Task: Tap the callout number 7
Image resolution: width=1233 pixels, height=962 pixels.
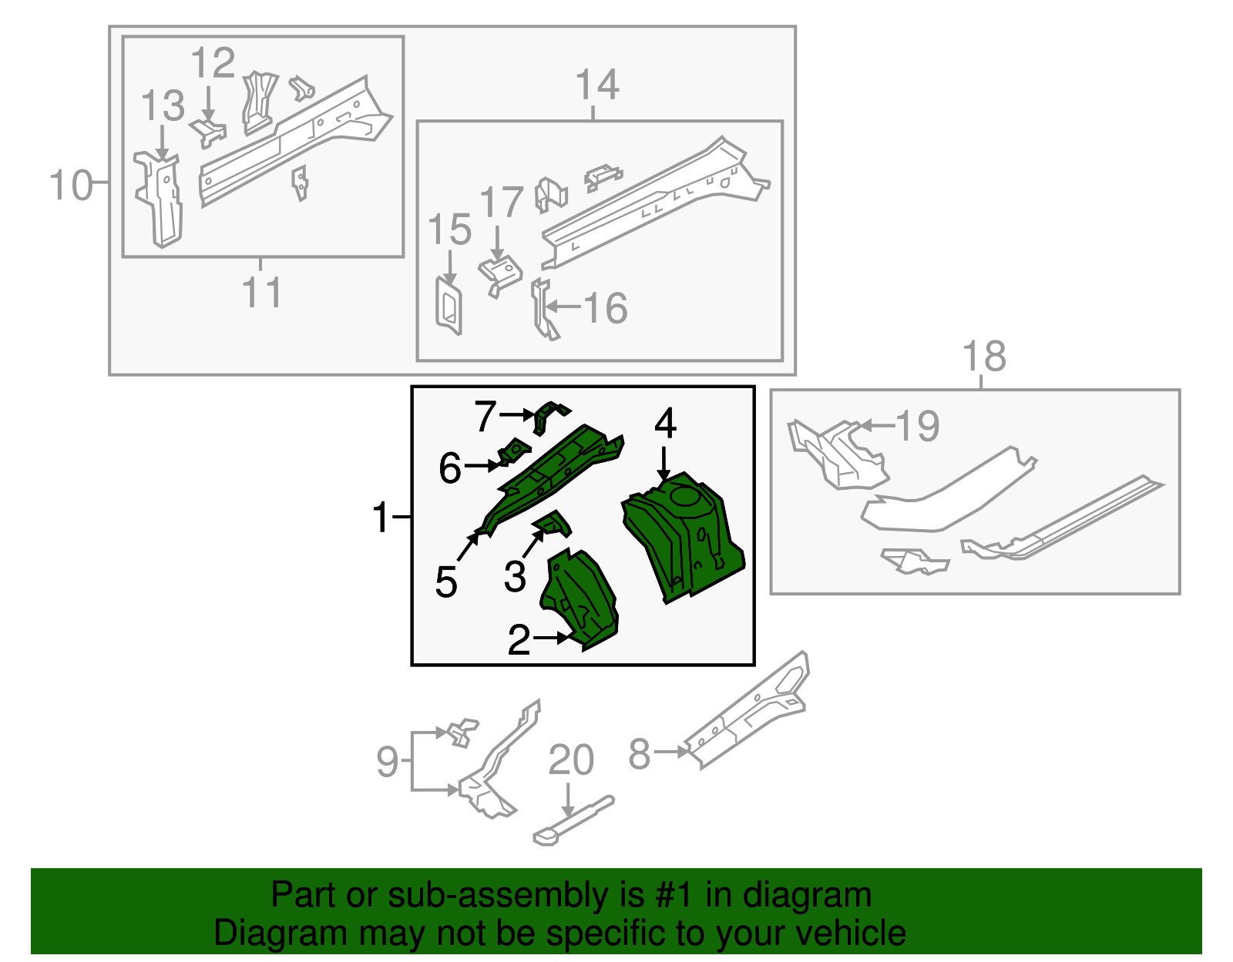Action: tap(485, 415)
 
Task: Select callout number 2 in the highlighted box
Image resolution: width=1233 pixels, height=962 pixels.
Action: tap(519, 639)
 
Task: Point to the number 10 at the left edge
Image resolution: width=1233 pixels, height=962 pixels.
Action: tap(70, 185)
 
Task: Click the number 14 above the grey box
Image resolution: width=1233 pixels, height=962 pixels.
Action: tap(597, 85)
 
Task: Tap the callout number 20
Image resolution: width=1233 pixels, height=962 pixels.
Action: tap(571, 760)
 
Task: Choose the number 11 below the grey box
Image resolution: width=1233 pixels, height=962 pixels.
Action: tap(261, 292)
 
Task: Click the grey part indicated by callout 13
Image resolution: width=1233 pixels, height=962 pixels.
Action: tap(160, 199)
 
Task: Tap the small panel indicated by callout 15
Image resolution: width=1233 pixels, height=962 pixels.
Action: tap(449, 305)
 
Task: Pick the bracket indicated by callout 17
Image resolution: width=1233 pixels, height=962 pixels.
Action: tap(500, 274)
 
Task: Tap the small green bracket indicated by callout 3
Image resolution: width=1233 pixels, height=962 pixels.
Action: tap(552, 524)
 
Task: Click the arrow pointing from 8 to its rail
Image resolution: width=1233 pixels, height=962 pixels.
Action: tap(670, 752)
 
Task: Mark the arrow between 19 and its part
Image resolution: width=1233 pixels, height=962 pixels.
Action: tap(877, 424)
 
